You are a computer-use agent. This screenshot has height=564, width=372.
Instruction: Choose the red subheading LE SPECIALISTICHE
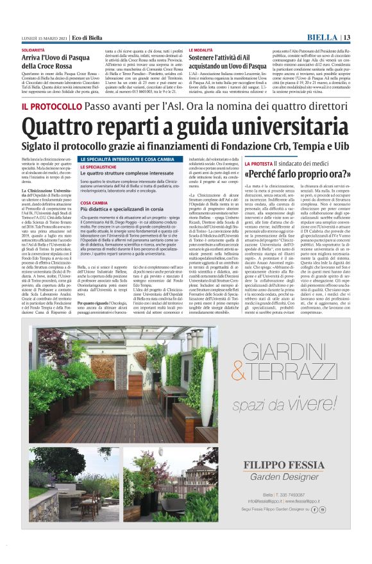click(x=98, y=166)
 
